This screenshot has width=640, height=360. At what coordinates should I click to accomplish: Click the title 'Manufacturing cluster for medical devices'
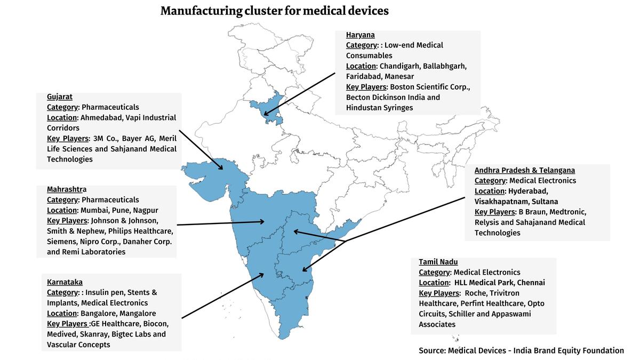(x=275, y=11)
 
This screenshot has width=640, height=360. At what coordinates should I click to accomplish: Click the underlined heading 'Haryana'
(x=360, y=35)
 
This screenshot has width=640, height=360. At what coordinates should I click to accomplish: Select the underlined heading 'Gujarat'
(x=59, y=97)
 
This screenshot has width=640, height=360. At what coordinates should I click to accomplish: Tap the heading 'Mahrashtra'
(x=67, y=189)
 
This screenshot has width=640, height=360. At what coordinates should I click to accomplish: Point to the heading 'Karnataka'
(x=65, y=282)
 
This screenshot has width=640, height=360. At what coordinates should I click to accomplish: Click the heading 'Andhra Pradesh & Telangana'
(x=524, y=170)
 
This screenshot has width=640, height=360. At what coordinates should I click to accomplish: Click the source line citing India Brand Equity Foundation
(x=521, y=350)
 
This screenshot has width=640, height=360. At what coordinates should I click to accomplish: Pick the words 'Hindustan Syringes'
(x=379, y=108)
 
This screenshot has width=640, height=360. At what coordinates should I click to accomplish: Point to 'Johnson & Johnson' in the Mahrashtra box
(x=124, y=220)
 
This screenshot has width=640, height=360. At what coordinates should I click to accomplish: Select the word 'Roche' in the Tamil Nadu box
(x=476, y=293)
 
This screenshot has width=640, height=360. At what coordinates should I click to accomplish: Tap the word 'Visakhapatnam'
(x=500, y=202)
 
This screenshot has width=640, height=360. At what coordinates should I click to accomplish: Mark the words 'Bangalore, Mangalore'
(x=118, y=314)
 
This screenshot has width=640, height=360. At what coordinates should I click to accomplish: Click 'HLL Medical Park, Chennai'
(x=499, y=283)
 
